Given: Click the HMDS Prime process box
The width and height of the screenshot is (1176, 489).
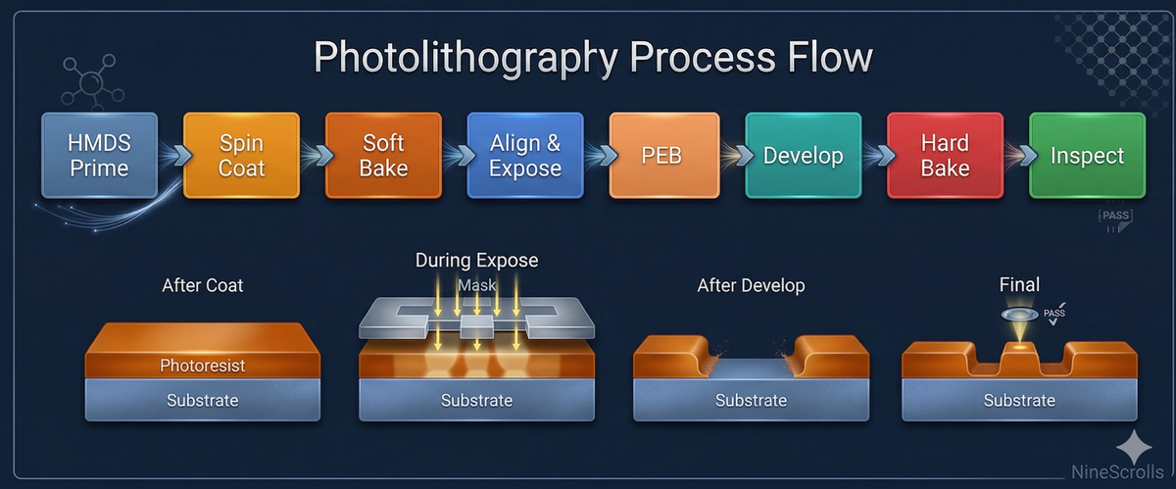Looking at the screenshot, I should [x=98, y=156].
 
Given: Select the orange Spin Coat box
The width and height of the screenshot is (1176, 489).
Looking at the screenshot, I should [x=241, y=156].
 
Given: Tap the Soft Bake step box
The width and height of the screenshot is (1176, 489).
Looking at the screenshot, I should [x=383, y=156].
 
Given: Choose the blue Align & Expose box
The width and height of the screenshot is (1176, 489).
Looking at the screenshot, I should [x=525, y=156].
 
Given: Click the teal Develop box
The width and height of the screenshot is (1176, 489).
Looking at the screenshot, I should [x=804, y=156].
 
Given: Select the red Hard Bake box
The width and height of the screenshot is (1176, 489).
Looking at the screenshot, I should [x=945, y=156].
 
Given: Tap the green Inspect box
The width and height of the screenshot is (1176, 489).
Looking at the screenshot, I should [x=1087, y=156].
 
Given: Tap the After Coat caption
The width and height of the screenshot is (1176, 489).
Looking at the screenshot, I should [x=202, y=286].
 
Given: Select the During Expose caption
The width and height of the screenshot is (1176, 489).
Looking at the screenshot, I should [x=476, y=261].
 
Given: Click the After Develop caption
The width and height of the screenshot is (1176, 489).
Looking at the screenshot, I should [x=751, y=286].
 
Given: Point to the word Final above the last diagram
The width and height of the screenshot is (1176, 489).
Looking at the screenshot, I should [x=1019, y=285].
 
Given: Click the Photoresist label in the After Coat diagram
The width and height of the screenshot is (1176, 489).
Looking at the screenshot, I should [x=202, y=366].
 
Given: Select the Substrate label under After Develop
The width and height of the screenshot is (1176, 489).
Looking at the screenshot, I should [x=751, y=400].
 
